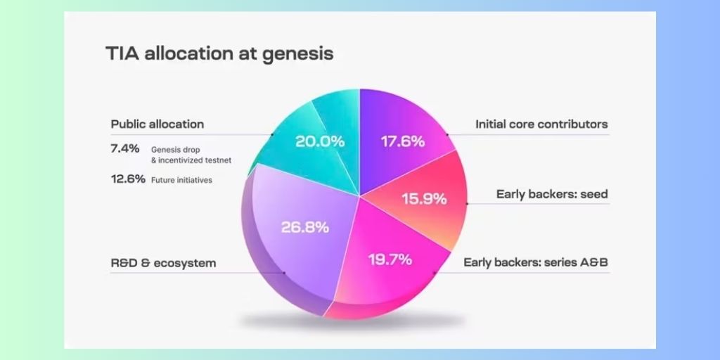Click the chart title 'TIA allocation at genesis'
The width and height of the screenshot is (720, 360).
click(219, 53)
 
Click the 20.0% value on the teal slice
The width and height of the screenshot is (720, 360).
click(320, 141)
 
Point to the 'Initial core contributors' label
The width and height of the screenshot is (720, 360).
click(541, 124)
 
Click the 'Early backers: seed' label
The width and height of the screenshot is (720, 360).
click(552, 194)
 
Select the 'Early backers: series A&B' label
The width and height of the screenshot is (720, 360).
click(535, 263)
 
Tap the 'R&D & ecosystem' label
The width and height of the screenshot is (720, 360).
click(163, 263)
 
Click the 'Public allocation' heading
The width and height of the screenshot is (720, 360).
click(157, 124)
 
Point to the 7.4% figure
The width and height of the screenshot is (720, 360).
click(125, 148)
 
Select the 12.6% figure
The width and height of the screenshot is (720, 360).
click(128, 179)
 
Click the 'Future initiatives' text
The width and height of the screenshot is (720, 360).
click(182, 180)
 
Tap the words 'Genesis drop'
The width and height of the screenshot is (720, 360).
click(175, 150)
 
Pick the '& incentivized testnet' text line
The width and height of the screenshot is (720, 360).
click(191, 160)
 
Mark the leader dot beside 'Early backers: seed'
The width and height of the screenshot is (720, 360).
click(467, 203)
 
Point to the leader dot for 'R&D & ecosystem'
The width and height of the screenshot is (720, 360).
click(284, 273)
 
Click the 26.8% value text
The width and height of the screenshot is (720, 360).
click(305, 227)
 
